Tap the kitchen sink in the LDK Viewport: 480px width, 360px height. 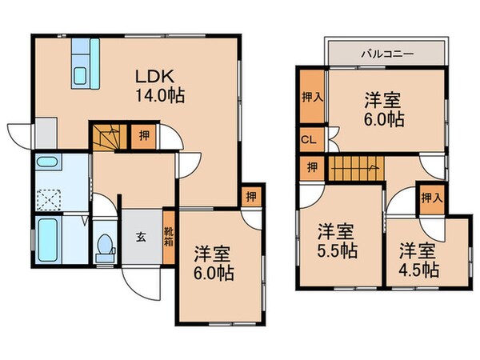click(81, 77)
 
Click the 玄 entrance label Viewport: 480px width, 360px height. click(140, 236)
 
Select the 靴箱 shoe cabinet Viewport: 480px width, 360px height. click(169, 236)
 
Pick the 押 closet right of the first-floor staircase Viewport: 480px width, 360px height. click(141, 136)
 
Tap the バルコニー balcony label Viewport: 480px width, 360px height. click(386, 54)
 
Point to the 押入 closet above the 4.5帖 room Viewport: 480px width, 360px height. click(430, 197)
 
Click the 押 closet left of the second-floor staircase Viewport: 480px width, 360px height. click(309, 167)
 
